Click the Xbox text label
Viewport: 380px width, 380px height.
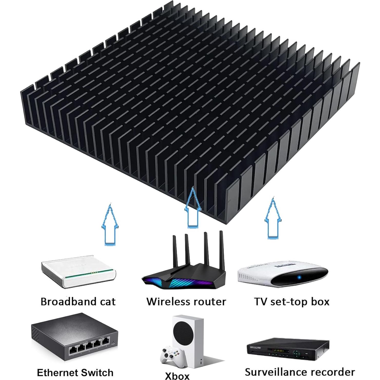[177, 376]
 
